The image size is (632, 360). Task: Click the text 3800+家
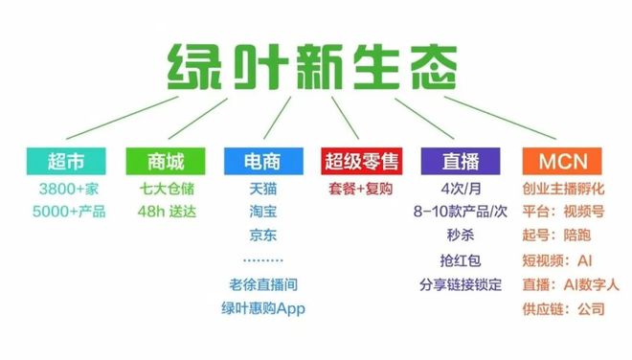(x=67, y=187)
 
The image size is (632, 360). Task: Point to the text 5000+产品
(x=67, y=211)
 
